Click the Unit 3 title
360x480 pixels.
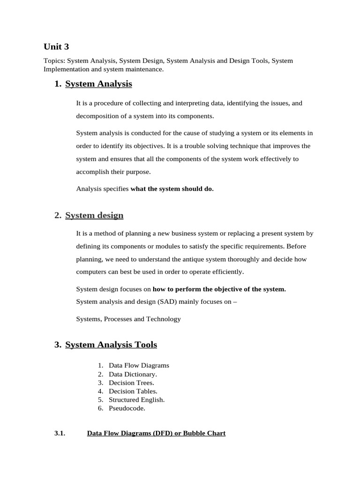(x=56, y=46)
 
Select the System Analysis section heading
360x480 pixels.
(x=98, y=84)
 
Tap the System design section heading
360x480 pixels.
(x=94, y=216)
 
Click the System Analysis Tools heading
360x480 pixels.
(x=111, y=345)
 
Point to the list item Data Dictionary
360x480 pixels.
(x=133, y=374)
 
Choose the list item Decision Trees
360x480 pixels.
(x=131, y=382)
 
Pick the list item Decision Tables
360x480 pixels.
(x=133, y=391)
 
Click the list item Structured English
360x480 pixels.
(x=136, y=400)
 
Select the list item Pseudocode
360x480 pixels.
(x=127, y=408)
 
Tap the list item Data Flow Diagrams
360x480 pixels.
(x=139, y=365)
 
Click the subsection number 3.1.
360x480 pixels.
(x=59, y=434)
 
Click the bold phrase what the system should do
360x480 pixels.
(x=172, y=189)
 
